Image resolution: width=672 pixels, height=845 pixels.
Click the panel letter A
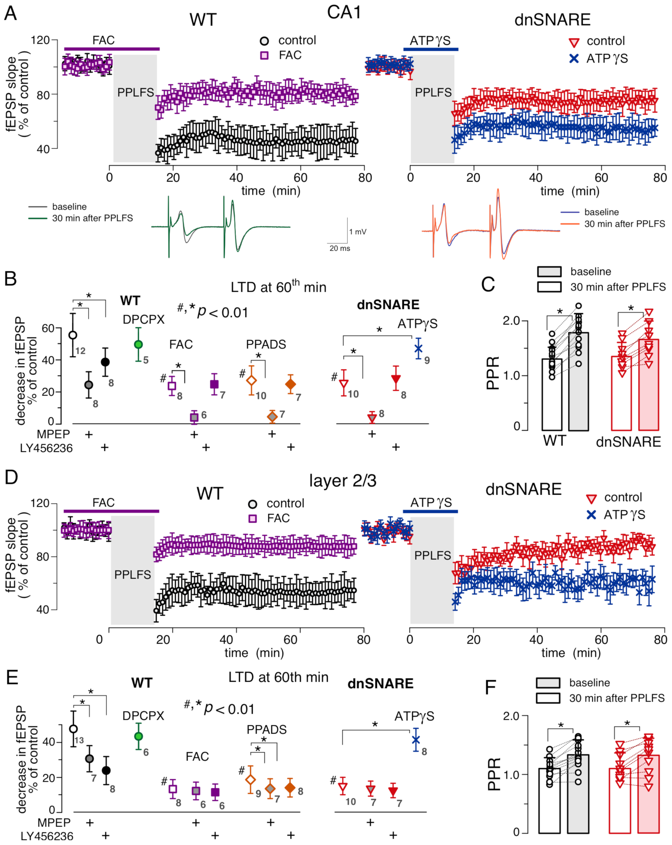click(x=11, y=13)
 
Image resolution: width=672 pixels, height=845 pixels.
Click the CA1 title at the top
click(x=344, y=13)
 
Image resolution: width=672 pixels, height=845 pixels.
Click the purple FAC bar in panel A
click(x=112, y=49)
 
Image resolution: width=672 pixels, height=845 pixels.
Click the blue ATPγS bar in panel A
click(x=430, y=49)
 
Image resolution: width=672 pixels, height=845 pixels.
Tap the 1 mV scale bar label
click(x=358, y=232)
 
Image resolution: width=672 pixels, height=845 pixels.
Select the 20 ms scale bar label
click(x=340, y=248)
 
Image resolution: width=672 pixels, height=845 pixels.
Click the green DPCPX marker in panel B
click(x=138, y=344)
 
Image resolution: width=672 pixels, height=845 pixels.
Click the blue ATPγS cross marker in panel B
click(x=418, y=348)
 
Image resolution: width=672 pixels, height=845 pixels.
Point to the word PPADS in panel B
click(x=266, y=344)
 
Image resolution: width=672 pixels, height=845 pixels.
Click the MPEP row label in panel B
click(x=53, y=434)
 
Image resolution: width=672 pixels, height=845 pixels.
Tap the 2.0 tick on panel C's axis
click(x=511, y=320)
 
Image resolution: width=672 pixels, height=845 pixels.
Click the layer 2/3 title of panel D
click(x=342, y=480)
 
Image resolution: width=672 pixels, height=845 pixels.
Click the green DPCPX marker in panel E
click(x=138, y=736)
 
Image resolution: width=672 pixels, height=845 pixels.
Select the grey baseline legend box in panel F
click(x=548, y=682)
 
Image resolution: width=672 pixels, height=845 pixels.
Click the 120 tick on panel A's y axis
click(x=40, y=40)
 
